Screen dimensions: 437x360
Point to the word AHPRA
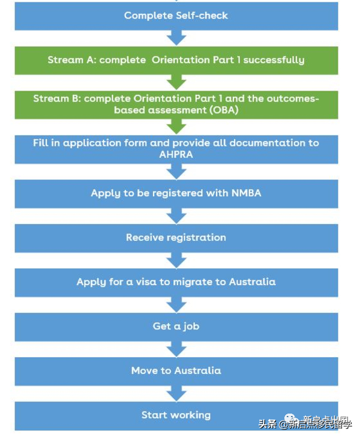click(176, 154)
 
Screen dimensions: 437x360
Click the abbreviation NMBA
click(246, 193)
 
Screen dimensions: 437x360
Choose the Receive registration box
click(176, 238)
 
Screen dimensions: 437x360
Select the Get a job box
click(176, 327)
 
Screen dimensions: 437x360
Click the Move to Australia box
click(176, 370)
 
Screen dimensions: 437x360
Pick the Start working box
click(176, 415)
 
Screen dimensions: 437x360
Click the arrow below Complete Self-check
click(176, 37)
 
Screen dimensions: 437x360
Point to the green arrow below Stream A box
click(176, 82)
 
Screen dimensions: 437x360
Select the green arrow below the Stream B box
click(176, 126)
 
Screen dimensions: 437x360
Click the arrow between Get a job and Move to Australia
click(176, 349)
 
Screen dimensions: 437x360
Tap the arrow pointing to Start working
click(176, 393)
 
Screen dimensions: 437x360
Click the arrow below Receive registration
click(176, 260)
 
